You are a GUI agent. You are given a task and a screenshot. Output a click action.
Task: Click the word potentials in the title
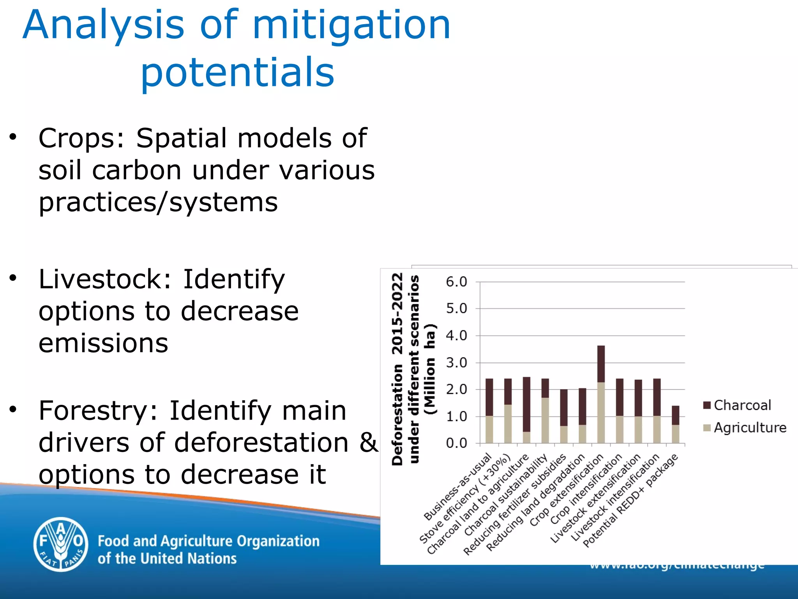[x=237, y=73]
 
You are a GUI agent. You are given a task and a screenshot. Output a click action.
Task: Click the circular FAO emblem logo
[x=61, y=544]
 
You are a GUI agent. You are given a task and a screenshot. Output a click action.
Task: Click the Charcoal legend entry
[x=737, y=406]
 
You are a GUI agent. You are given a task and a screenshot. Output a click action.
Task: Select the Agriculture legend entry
[x=744, y=428]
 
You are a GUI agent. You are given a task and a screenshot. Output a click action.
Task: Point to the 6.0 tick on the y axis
[x=456, y=282]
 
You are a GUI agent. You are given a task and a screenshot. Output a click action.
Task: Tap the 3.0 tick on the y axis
[x=456, y=363]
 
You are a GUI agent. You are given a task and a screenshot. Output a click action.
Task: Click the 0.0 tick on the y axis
[x=456, y=443]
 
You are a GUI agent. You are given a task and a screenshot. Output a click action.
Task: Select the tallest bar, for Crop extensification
[x=601, y=394]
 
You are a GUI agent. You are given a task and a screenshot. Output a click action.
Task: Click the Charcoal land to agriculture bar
[x=526, y=409]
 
